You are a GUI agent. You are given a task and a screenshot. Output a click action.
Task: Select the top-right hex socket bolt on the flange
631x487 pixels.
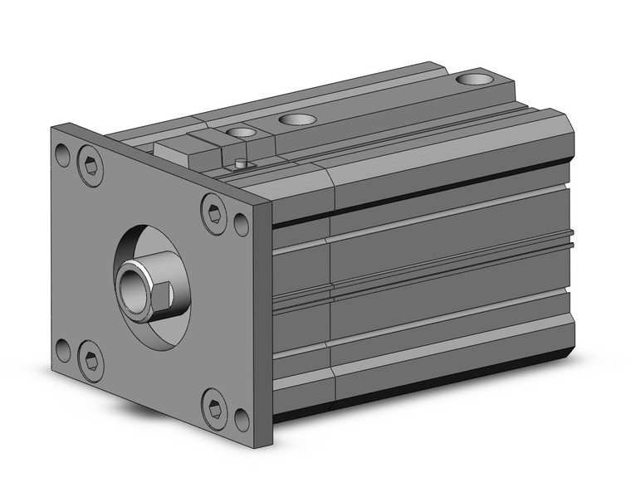[x=214, y=212]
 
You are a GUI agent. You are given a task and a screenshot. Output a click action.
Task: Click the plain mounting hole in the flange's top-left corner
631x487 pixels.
[x=62, y=153]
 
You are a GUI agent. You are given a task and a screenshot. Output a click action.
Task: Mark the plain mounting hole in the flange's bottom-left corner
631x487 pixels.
[x=62, y=349]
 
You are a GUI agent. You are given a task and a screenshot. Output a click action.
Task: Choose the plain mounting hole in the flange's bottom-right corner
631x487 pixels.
[x=242, y=420]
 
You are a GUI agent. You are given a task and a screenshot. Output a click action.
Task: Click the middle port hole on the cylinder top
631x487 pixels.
[x=297, y=119]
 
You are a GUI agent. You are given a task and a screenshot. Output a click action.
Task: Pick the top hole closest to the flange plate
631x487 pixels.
[x=243, y=133]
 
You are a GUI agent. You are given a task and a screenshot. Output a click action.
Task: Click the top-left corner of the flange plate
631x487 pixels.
[x=53, y=126]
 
